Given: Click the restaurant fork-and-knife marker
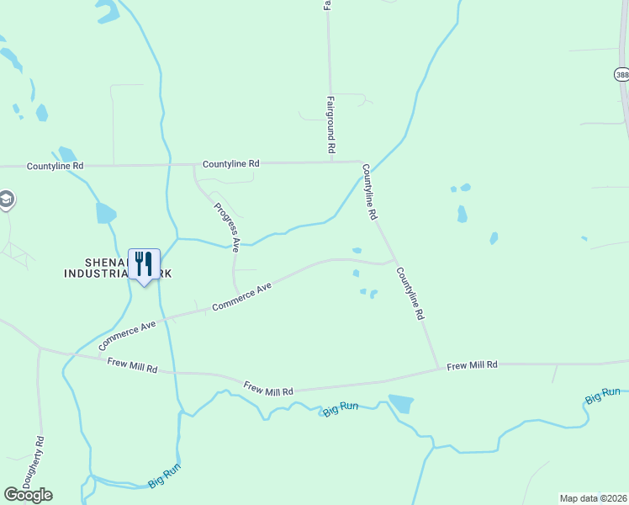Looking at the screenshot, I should (x=144, y=264).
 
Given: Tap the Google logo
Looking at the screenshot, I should (x=28, y=494).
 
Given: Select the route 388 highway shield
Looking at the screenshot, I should (x=621, y=75).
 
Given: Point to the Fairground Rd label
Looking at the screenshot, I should (x=331, y=124).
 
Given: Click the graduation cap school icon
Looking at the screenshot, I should (x=6, y=199).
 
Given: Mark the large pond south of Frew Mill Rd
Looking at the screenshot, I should (x=401, y=404).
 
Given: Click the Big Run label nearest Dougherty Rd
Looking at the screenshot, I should (x=165, y=476).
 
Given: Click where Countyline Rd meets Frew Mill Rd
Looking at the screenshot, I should (x=438, y=368).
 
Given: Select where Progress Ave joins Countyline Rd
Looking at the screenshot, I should (x=194, y=164).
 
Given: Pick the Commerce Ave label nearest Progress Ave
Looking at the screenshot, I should (x=242, y=296).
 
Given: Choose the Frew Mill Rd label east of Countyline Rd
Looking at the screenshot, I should (x=472, y=365).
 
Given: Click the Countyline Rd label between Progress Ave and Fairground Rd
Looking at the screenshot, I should (x=230, y=164).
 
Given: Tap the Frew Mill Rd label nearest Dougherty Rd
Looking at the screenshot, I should (x=133, y=365).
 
